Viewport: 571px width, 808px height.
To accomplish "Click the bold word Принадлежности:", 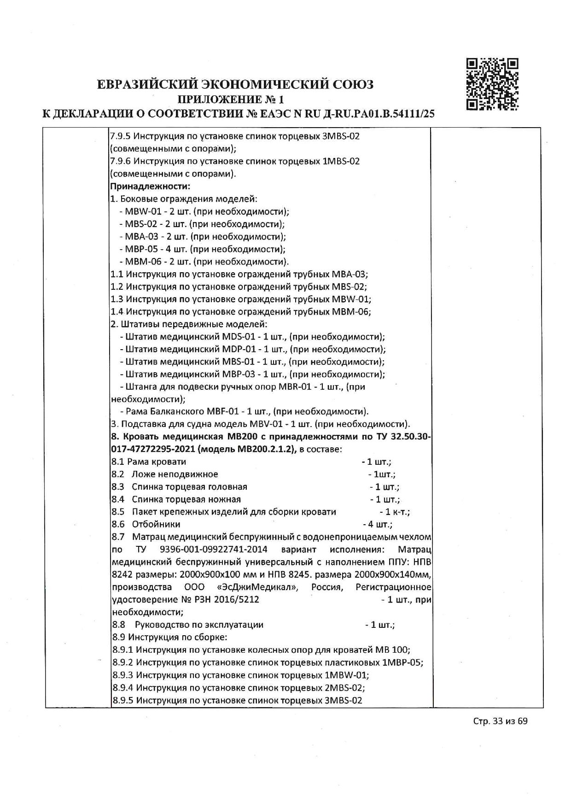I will [x=150, y=187].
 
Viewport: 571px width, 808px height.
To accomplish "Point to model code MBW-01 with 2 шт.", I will [x=140, y=212].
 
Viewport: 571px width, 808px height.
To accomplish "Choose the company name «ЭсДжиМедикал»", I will [x=257, y=587].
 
